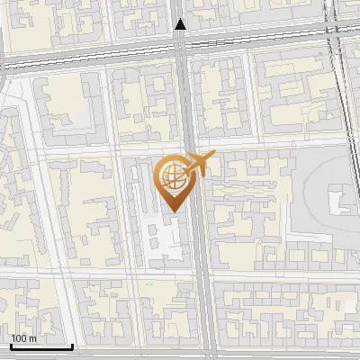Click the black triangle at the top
tap(181, 24)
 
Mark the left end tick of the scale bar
tap(10, 345)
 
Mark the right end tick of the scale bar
tap(72, 345)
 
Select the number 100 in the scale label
tap(20, 338)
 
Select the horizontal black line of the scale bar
tap(40, 346)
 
